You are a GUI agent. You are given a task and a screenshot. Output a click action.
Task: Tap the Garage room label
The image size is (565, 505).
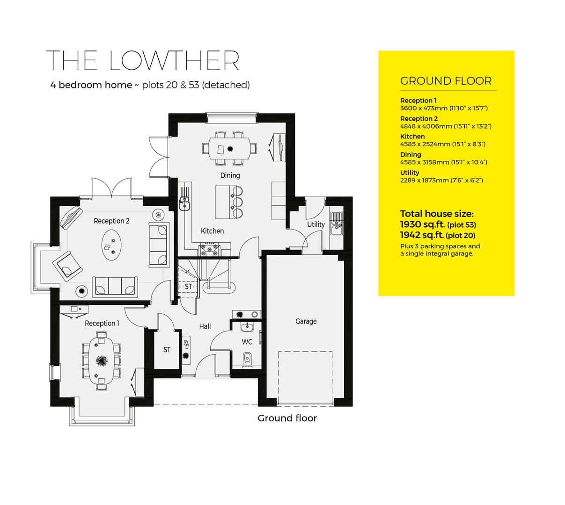click(306, 321)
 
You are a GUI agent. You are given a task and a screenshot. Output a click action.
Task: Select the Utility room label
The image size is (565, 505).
click(316, 224)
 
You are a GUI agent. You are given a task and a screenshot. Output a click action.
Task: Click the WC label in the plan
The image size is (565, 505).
click(247, 342)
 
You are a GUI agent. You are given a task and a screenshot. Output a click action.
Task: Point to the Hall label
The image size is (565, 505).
click(205, 326)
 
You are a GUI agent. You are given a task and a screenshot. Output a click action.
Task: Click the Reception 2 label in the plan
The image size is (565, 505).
click(111, 221)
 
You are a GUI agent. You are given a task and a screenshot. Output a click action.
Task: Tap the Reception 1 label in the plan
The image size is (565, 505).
click(102, 323)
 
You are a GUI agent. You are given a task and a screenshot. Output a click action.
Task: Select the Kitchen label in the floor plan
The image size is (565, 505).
click(212, 231)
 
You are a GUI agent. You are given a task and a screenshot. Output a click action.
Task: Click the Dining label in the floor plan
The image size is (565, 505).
click(229, 175)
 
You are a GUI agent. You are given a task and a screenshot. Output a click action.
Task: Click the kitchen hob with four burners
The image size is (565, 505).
click(210, 249)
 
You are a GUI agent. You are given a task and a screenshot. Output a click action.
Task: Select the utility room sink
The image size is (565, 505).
click(336, 223)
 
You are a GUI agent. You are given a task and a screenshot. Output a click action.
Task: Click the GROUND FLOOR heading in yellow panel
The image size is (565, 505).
click(446, 81)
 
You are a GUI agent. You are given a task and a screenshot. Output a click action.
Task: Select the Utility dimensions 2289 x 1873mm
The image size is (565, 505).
click(441, 180)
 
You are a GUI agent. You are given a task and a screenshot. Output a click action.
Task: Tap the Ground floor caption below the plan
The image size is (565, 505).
click(287, 418)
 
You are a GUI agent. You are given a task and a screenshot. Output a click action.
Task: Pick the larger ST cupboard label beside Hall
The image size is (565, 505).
click(167, 350)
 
